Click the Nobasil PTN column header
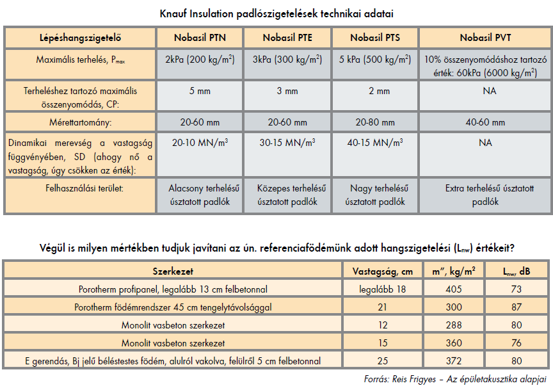[199, 37]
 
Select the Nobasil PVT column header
[485, 37]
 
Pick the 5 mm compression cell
[199, 92]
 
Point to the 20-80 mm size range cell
[375, 122]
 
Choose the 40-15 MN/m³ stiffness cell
[375, 142]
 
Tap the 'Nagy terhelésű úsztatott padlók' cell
[375, 195]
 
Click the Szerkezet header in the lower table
[173, 271]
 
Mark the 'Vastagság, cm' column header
[379, 271]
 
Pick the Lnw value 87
[517, 307]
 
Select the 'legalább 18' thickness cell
[379, 289]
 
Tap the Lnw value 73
[517, 289]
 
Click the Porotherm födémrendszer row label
[173, 307]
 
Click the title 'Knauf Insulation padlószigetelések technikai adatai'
[276, 13]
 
